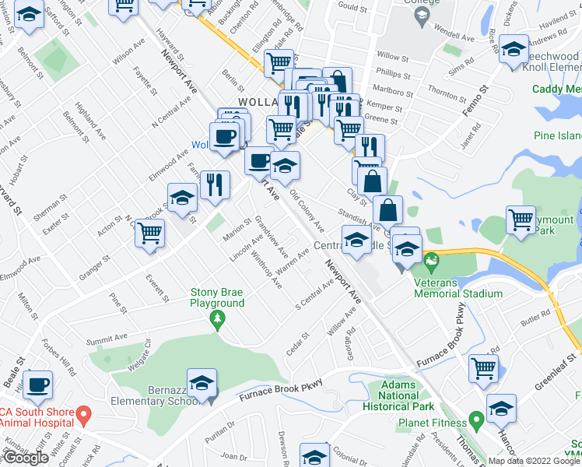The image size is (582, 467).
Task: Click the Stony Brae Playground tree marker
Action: [219, 318]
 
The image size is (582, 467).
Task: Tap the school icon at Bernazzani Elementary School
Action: [202, 383]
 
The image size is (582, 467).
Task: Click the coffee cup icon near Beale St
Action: [37, 384]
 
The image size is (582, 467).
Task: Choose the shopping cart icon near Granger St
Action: [149, 231]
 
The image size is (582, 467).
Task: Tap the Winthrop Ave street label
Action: [265, 269]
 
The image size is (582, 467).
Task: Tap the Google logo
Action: [26, 457]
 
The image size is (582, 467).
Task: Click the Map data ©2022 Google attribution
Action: [534, 461]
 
